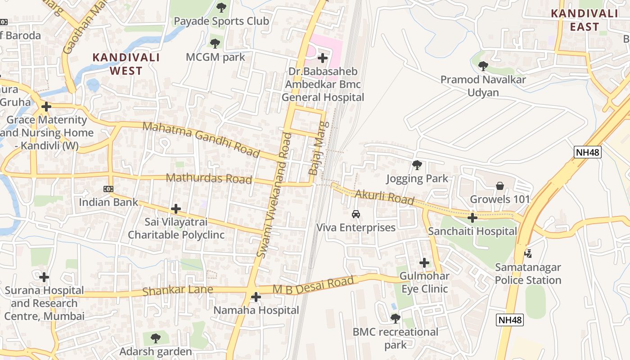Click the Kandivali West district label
pos(126,64)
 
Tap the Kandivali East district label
pos(585,20)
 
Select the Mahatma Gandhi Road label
pos(201,139)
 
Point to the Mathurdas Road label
pos(209,178)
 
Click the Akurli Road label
pos(384,197)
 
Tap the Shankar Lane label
pos(177,290)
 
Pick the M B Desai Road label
pos(313,286)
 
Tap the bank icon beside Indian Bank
pos(108,189)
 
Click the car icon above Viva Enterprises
pos(356,214)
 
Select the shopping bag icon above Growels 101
pos(499,185)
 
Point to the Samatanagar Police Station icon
pos(528,254)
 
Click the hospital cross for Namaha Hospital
pos(256,297)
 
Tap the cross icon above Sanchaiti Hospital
pos(472,218)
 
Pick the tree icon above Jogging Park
pos(417,165)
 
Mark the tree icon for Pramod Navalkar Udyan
pos(483,66)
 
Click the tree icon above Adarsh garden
pos(155,338)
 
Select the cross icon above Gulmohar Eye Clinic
pos(424,263)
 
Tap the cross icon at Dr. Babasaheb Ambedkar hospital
pos(323,58)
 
